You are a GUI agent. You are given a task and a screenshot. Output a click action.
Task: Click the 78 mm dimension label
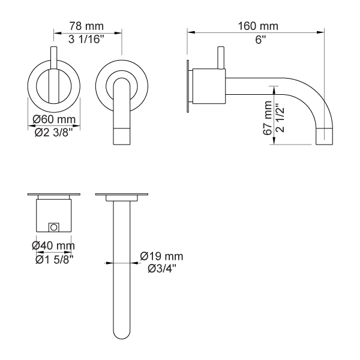tap(86, 26)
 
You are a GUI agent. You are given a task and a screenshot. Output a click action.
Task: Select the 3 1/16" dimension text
tap(86, 40)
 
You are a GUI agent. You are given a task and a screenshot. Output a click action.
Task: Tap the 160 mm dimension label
tap(258, 26)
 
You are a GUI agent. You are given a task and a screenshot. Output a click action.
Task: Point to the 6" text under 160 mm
tap(260, 40)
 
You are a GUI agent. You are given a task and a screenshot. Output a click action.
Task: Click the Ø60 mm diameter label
tap(54, 119)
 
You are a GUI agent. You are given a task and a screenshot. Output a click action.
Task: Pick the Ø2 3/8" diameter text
tap(54, 133)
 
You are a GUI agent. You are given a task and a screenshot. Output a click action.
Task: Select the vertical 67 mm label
tap(268, 118)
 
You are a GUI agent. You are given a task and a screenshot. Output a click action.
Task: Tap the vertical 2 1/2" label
tap(280, 118)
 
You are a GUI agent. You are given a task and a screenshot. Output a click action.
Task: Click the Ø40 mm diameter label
tap(53, 245)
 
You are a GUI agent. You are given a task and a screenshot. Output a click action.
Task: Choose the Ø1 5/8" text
tap(55, 260)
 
